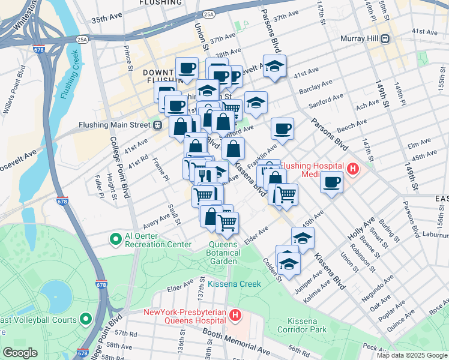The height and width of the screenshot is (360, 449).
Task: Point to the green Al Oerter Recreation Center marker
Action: pos(115,239)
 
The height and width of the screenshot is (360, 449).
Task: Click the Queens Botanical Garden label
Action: pos(224,253)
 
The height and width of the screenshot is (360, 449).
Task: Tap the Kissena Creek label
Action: pos(235,284)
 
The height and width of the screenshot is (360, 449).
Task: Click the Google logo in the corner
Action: pos(20,353)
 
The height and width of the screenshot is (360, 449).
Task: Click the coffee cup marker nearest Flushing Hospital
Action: pos(331,182)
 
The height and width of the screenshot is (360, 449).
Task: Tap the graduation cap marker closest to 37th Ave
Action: pos(274,67)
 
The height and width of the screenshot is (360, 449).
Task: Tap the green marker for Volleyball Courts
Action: pos(85,319)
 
